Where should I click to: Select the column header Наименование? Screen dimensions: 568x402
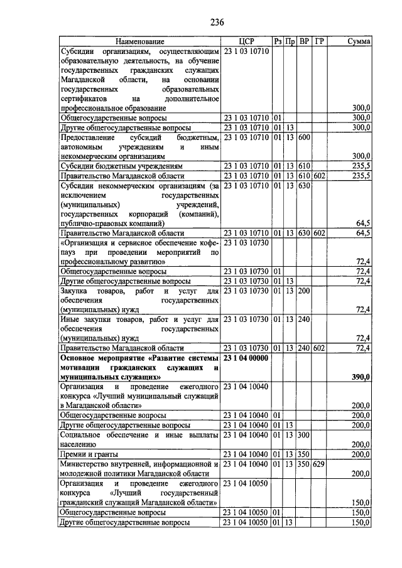pyautogui.click(x=139, y=41)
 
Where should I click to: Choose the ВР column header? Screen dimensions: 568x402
pyautogui.click(x=304, y=41)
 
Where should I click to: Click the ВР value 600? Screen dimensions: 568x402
pyautogui.click(x=304, y=137)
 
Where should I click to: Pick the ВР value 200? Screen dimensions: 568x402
pyautogui.click(x=304, y=291)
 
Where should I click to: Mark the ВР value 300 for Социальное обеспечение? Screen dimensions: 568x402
pyautogui.click(x=304, y=434)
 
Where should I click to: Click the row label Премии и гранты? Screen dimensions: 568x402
pyautogui.click(x=84, y=454)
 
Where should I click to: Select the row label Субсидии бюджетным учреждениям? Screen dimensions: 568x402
pyautogui.click(x=121, y=166)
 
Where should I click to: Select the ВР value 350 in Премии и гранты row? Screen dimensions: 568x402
pyautogui.click(x=304, y=454)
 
